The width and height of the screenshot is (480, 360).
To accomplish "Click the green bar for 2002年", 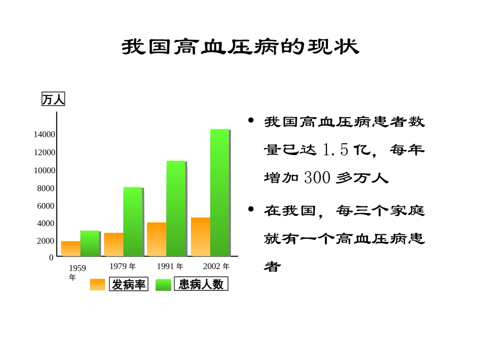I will [x=219, y=192].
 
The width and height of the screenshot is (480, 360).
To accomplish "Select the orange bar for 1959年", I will [x=71, y=249].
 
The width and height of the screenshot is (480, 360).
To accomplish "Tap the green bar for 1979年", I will [x=132, y=222].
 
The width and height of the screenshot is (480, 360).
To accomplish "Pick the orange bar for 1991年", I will [x=157, y=239].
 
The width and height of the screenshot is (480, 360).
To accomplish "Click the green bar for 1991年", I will [x=176, y=208].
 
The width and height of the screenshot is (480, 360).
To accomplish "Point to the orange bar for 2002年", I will [x=201, y=237].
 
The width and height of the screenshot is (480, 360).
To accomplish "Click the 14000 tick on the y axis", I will [x=44, y=135].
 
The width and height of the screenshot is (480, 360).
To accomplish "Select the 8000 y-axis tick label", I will [x=45, y=188].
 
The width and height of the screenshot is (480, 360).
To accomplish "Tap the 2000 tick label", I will [x=45, y=241].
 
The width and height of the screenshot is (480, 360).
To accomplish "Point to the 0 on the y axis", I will [x=51, y=257].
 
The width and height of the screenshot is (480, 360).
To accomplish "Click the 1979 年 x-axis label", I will [x=123, y=267].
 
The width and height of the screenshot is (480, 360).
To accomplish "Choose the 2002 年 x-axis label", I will [x=216, y=267].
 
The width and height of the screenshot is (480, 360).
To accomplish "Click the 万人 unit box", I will [x=53, y=99].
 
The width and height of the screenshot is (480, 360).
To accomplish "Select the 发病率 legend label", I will [x=129, y=285].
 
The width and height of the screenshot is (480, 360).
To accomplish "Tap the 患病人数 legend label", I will [x=201, y=284].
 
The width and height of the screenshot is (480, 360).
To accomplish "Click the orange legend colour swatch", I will [x=98, y=285].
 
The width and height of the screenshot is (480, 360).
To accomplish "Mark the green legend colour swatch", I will [x=163, y=285].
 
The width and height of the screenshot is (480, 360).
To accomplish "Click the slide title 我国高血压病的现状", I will [x=240, y=47].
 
